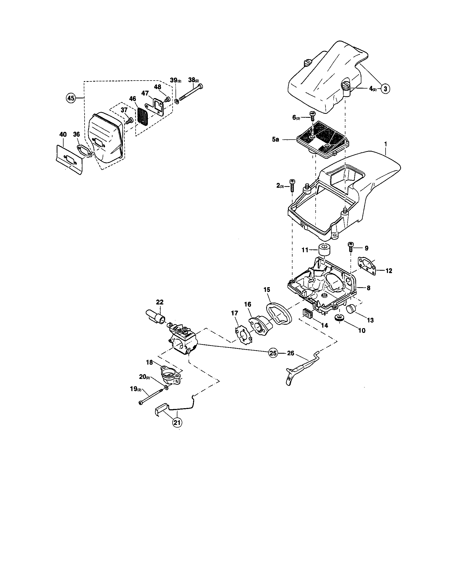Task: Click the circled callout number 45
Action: coord(71,98)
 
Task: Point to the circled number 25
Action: coord(273,353)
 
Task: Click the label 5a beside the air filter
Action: coord(275,139)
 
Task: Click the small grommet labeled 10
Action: coord(339,317)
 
